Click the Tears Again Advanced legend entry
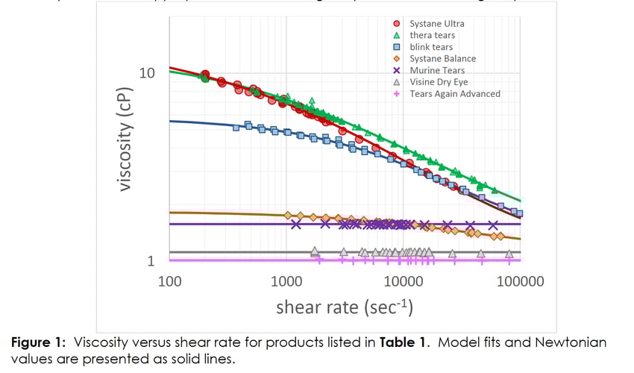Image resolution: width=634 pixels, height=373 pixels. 455,94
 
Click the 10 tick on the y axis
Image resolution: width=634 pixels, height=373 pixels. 148,73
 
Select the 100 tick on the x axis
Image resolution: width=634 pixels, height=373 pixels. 171,281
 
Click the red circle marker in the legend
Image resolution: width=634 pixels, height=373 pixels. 397,23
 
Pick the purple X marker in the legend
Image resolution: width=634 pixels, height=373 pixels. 397,70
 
